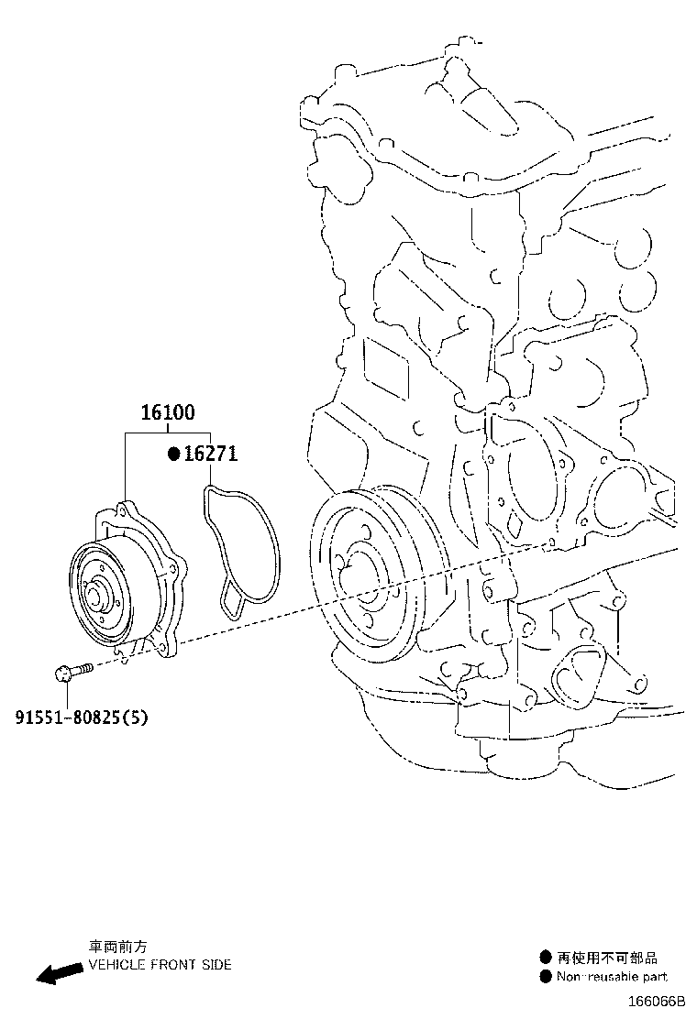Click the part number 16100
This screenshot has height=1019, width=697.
(x=167, y=413)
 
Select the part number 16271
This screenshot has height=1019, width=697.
(x=210, y=455)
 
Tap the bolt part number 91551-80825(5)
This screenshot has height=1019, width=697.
(x=80, y=717)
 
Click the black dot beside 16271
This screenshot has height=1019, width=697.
(x=171, y=455)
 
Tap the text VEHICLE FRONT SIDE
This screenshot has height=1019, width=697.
(x=160, y=965)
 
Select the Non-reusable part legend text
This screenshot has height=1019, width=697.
(x=612, y=977)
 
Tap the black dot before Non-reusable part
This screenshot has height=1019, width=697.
(x=545, y=977)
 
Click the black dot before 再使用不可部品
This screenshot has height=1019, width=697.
(x=545, y=958)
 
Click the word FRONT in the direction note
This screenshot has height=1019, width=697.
(x=170, y=965)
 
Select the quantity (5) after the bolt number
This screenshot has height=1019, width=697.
(x=136, y=717)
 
